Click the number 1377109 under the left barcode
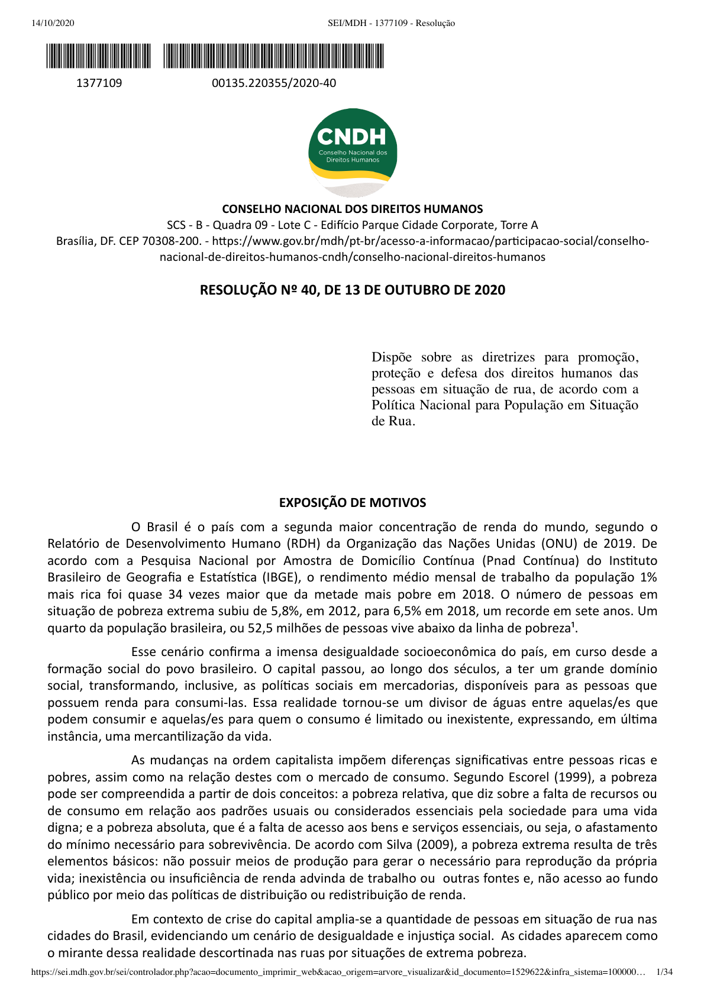99,83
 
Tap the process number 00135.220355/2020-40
274,83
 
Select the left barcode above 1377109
99,56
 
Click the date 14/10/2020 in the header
53,23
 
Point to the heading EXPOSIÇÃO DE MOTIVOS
352,503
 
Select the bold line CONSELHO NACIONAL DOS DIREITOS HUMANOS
352,209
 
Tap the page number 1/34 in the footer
665,972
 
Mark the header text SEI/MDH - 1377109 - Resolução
391,23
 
